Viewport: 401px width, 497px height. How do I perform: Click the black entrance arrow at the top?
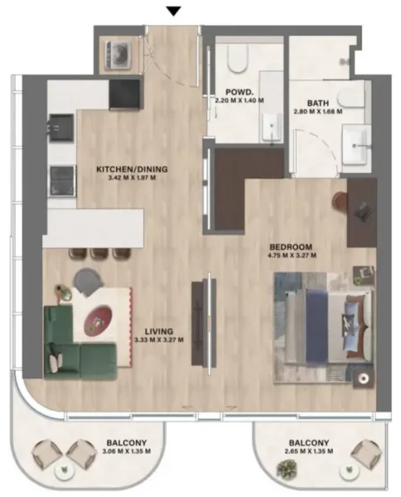point(173,11)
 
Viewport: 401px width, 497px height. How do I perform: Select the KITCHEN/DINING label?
point(126,168)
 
